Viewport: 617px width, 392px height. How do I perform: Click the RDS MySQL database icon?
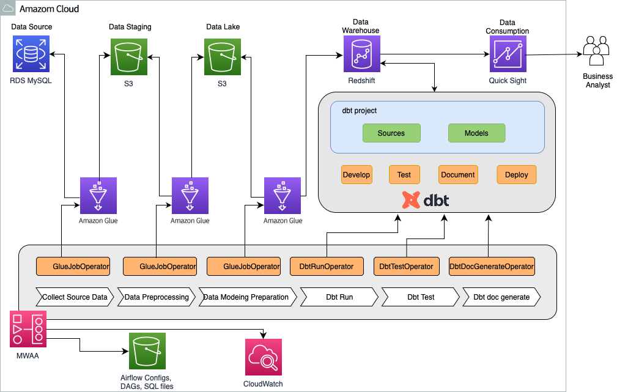click(31, 54)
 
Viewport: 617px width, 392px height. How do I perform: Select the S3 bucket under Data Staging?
click(129, 57)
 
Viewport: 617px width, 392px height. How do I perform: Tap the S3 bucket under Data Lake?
click(223, 57)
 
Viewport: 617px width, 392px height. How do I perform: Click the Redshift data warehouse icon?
click(362, 54)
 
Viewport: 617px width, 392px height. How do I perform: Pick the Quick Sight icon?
click(508, 54)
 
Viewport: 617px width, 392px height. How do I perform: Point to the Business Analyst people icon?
click(597, 50)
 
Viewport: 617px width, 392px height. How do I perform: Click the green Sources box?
click(391, 133)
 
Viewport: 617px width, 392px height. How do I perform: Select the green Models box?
click(476, 133)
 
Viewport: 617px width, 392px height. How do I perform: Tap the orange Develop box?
click(357, 175)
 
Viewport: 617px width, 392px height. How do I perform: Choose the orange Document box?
click(458, 175)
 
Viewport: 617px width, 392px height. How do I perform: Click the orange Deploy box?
click(517, 175)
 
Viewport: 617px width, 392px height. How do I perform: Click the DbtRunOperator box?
click(327, 267)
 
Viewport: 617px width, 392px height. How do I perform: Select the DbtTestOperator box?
click(407, 267)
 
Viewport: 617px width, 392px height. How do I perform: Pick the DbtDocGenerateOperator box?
click(492, 267)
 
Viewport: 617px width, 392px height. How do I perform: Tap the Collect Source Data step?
click(75, 297)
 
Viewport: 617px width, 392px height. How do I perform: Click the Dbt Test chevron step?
click(421, 297)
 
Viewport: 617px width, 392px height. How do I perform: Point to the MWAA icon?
click(28, 329)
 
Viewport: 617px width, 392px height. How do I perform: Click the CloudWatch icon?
click(263, 357)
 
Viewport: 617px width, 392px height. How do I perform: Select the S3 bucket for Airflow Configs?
click(147, 351)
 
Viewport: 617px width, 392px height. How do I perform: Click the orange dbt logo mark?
click(411, 200)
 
